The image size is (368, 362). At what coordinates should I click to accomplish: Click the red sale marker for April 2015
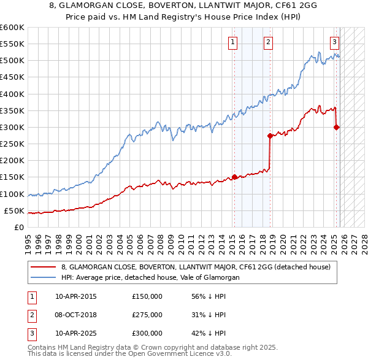234,177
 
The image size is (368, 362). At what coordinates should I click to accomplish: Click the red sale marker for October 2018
269,136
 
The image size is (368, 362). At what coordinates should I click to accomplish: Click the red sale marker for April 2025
336,128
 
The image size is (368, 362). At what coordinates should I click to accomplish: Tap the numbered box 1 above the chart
234,42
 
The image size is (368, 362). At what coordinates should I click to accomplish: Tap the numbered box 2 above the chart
269,42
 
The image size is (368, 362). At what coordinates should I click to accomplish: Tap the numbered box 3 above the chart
334,42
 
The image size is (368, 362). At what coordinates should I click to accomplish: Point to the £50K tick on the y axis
14,211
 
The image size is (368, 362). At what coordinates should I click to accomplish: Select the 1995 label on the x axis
28,239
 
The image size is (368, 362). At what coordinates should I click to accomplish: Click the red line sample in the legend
44,267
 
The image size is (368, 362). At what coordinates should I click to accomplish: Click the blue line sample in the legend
44,277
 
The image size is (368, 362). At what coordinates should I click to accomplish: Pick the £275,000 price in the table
147,315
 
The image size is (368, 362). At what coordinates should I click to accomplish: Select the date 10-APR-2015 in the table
75,296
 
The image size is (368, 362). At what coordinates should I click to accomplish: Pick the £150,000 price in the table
147,296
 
